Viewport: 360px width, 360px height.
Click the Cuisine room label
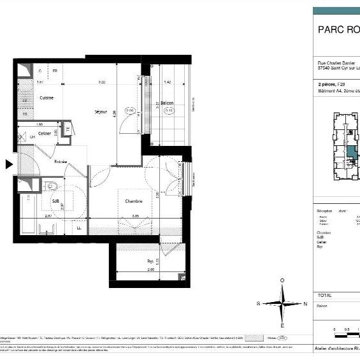(47, 98)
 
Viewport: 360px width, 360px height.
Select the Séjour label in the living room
(101, 112)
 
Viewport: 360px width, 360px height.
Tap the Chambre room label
(133, 201)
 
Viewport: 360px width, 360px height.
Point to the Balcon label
(167, 103)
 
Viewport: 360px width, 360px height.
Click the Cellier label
(45, 133)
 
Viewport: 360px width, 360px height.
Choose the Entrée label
(61, 162)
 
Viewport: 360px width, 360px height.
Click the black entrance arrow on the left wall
(9, 164)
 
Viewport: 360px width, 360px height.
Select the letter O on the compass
(282, 280)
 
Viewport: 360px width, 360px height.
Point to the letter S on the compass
(259, 304)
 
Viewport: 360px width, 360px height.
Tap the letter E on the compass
(282, 326)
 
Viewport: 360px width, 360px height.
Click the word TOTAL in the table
(324, 296)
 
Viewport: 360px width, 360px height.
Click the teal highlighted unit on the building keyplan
(351, 154)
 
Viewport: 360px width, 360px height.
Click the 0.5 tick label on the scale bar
(347, 329)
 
